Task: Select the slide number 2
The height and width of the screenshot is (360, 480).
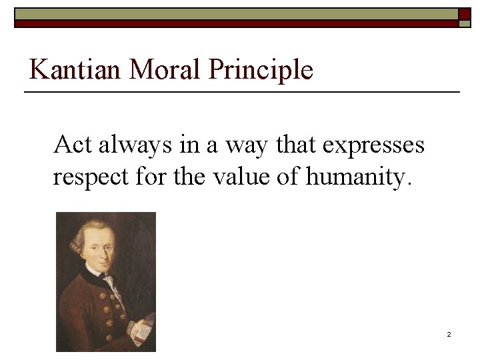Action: pyautogui.click(x=449, y=334)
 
